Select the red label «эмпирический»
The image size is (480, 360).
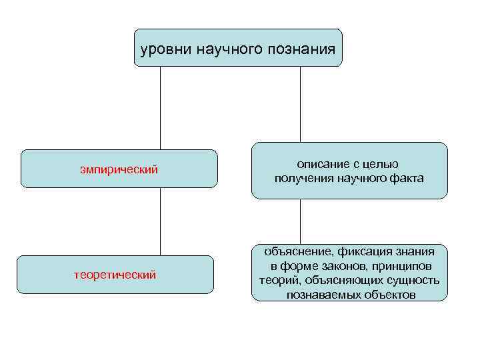(119, 169)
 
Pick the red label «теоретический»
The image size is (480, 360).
(115, 274)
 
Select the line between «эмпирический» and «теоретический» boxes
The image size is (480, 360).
(160, 221)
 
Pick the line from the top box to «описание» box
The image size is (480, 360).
(300, 104)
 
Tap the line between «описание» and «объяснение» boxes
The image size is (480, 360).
(300, 221)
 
